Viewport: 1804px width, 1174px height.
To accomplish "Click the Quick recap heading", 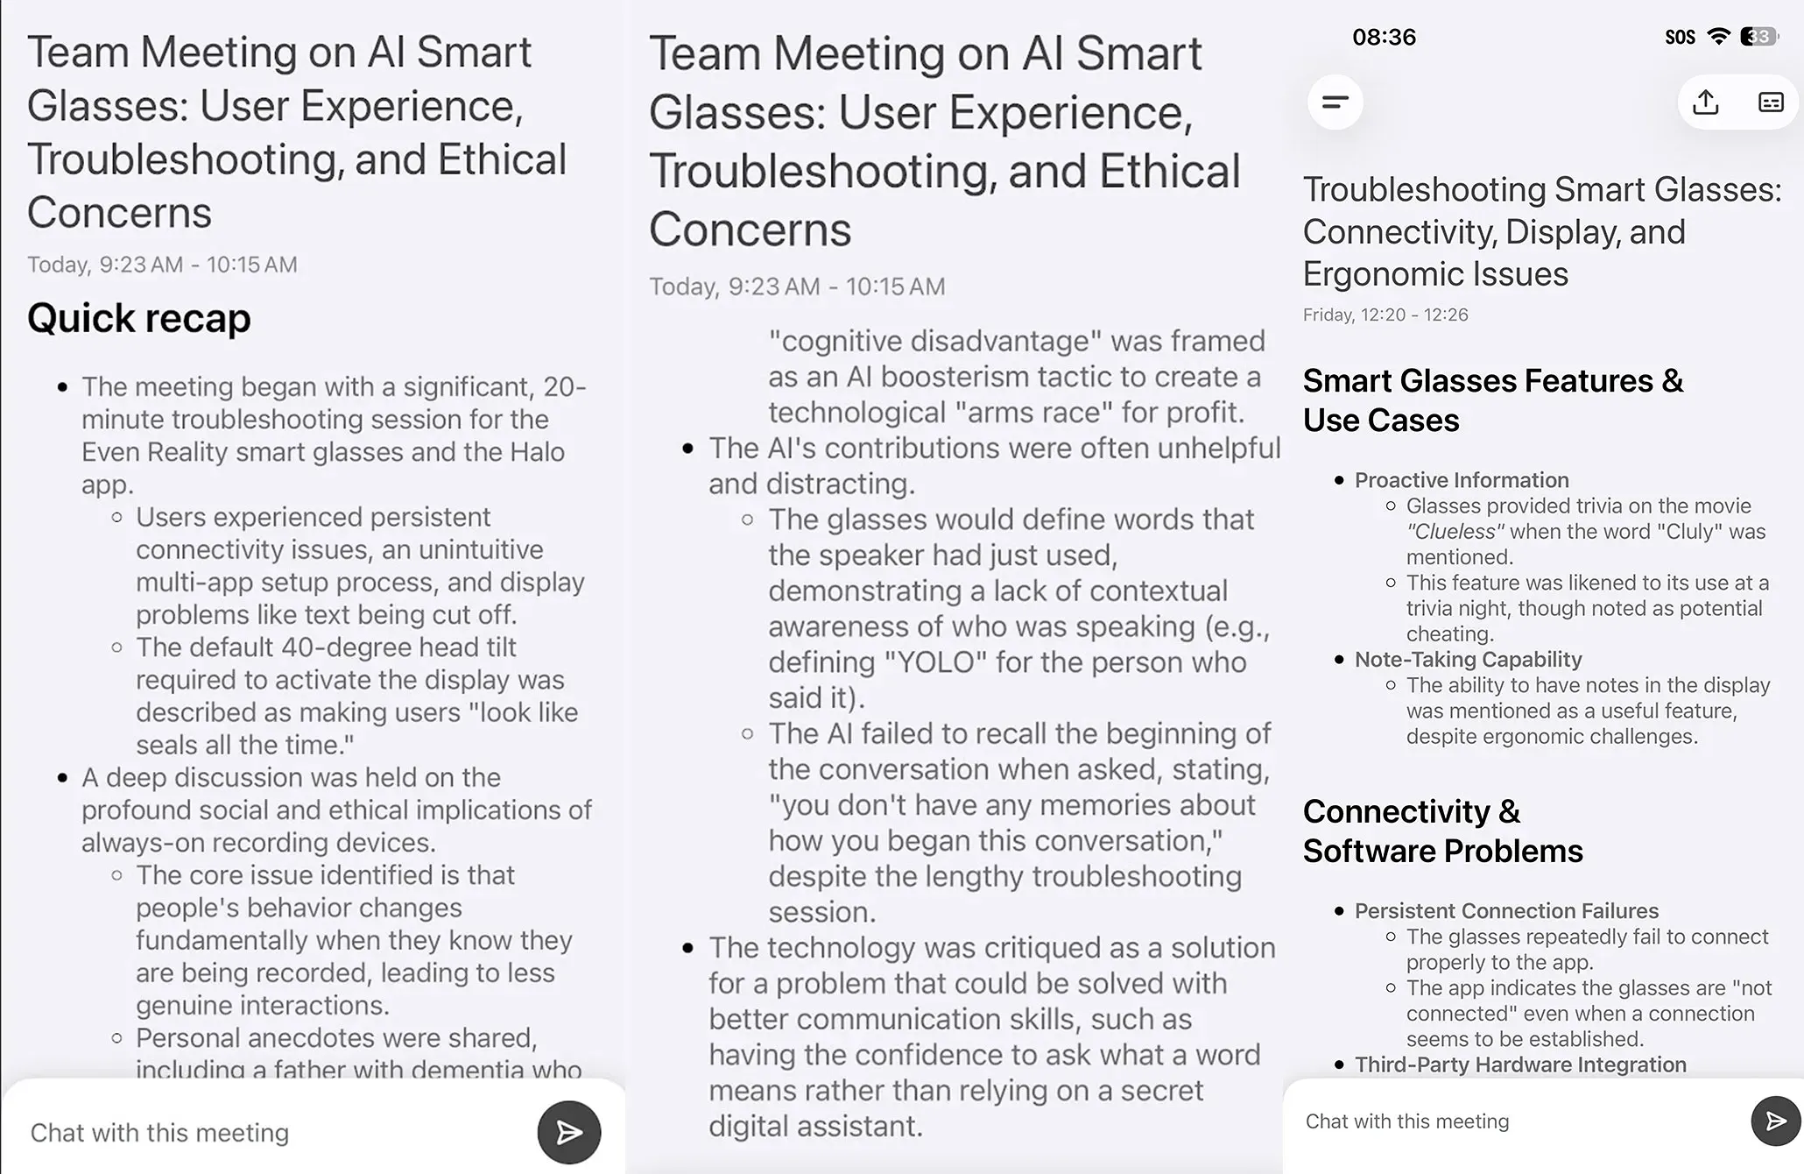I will (138, 318).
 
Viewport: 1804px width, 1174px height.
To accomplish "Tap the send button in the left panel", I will (568, 1132).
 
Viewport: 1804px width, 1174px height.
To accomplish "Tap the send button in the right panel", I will (1775, 1121).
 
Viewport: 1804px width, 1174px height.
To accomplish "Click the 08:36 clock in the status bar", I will (1384, 37).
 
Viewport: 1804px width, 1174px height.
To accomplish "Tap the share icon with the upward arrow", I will (1705, 103).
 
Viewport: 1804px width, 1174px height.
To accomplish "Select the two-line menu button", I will (1335, 103).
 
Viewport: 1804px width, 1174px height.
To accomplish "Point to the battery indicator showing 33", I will (1758, 37).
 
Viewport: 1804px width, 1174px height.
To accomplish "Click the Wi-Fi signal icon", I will (1719, 37).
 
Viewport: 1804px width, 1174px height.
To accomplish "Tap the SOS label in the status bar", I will (1680, 37).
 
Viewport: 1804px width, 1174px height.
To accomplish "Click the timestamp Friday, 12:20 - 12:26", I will (1385, 315).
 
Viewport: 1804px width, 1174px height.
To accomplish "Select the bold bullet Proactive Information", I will (1462, 480).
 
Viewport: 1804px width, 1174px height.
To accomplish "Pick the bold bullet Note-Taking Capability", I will (1468, 659).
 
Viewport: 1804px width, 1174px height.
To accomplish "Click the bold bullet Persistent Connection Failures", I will (1506, 910).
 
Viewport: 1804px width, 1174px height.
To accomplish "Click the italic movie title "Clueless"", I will (1455, 532).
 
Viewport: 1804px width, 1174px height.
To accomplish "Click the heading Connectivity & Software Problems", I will (1442, 831).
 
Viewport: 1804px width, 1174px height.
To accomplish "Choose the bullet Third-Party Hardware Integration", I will (1520, 1064).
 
